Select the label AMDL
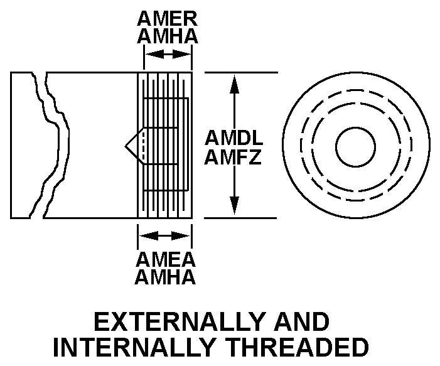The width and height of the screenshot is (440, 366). point(233,138)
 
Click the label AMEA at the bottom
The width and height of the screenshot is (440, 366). point(166,259)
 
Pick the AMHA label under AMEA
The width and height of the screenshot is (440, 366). point(166,277)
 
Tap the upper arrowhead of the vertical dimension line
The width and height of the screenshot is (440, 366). point(234,82)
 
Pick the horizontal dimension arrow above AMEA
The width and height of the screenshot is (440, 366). point(164,236)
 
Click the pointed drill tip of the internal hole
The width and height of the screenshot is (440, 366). point(127,146)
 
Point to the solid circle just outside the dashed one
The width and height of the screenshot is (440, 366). point(355,84)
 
